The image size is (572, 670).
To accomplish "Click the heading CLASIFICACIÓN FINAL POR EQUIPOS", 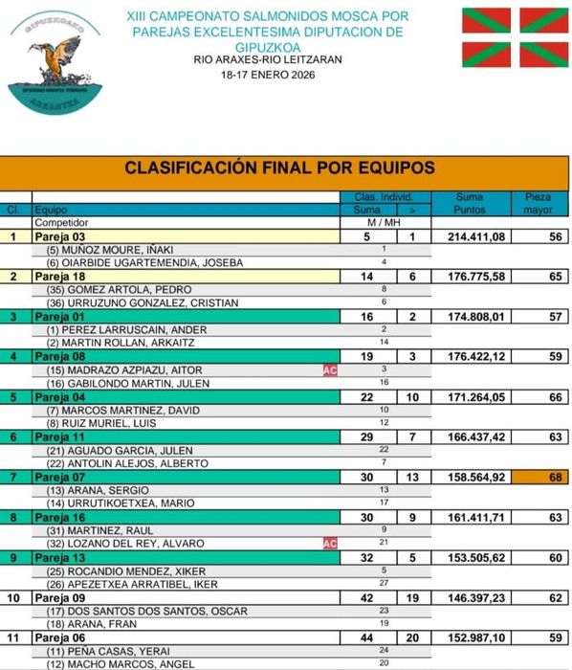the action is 279,168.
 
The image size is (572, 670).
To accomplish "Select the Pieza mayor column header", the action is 539,203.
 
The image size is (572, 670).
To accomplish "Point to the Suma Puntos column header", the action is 470,203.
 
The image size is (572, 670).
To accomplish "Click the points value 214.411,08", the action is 470,236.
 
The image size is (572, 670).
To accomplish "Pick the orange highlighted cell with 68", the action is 539,477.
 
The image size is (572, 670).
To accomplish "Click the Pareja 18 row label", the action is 60,277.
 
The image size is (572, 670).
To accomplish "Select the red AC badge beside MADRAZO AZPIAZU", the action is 330,369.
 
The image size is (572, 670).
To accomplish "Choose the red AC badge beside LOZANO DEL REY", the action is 330,544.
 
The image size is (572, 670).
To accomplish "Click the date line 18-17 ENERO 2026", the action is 268,74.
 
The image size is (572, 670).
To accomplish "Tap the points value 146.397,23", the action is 470,597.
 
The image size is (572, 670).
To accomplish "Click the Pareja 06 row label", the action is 60,637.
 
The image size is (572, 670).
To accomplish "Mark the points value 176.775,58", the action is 470,277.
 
